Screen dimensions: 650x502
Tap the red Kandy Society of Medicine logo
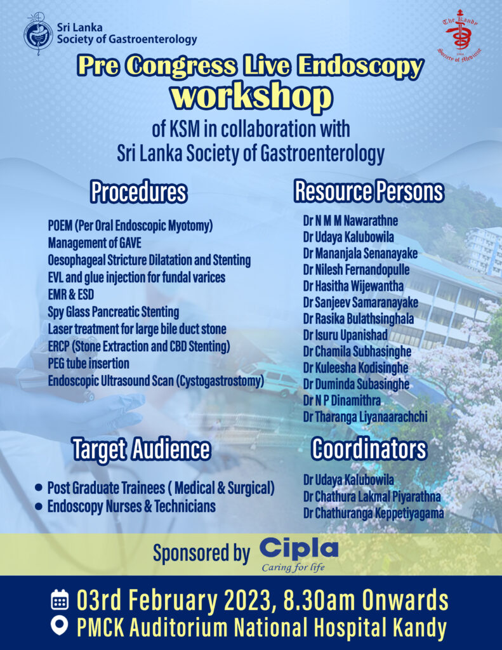pos(461,36)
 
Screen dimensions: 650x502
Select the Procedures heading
pos(138,192)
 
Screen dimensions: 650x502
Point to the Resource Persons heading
pos(369,192)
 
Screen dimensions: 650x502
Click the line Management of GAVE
pos(95,242)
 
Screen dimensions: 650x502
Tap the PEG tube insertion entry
pos(88,364)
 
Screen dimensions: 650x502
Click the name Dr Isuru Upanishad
pos(345,335)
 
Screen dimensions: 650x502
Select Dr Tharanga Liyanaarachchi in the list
pos(365,417)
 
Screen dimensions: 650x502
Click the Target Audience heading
pos(140,449)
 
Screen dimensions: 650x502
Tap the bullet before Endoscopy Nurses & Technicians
pos(39,507)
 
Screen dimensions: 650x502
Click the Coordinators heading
pos(369,449)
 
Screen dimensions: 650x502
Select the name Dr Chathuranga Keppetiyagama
pos(373,513)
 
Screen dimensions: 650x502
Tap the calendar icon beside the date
pos(60,600)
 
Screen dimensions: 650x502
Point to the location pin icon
pos(60,628)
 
